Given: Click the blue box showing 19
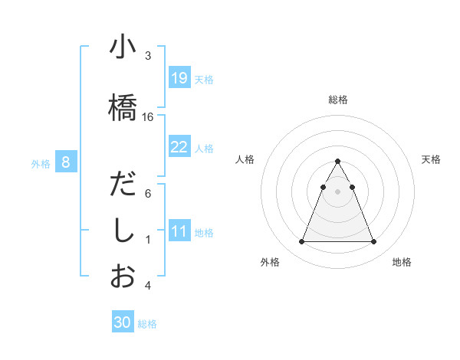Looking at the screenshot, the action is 179,78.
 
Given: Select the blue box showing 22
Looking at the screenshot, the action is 179,147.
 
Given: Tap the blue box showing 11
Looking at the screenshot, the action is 179,231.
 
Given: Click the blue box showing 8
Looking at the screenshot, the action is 66,162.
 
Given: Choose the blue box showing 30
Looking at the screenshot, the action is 123,323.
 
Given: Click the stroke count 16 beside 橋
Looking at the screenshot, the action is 148,116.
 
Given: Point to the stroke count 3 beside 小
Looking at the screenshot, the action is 148,55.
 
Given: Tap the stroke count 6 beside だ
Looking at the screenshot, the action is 148,194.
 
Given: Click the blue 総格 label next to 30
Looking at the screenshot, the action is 147,324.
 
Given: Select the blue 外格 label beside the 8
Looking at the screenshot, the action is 40,163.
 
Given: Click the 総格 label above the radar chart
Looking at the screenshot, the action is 337,100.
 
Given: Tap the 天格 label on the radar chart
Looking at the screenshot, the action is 432,159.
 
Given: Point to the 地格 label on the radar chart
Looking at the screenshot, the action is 402,262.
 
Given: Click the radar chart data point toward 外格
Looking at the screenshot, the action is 302,242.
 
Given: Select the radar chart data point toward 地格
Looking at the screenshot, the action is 373,242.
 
